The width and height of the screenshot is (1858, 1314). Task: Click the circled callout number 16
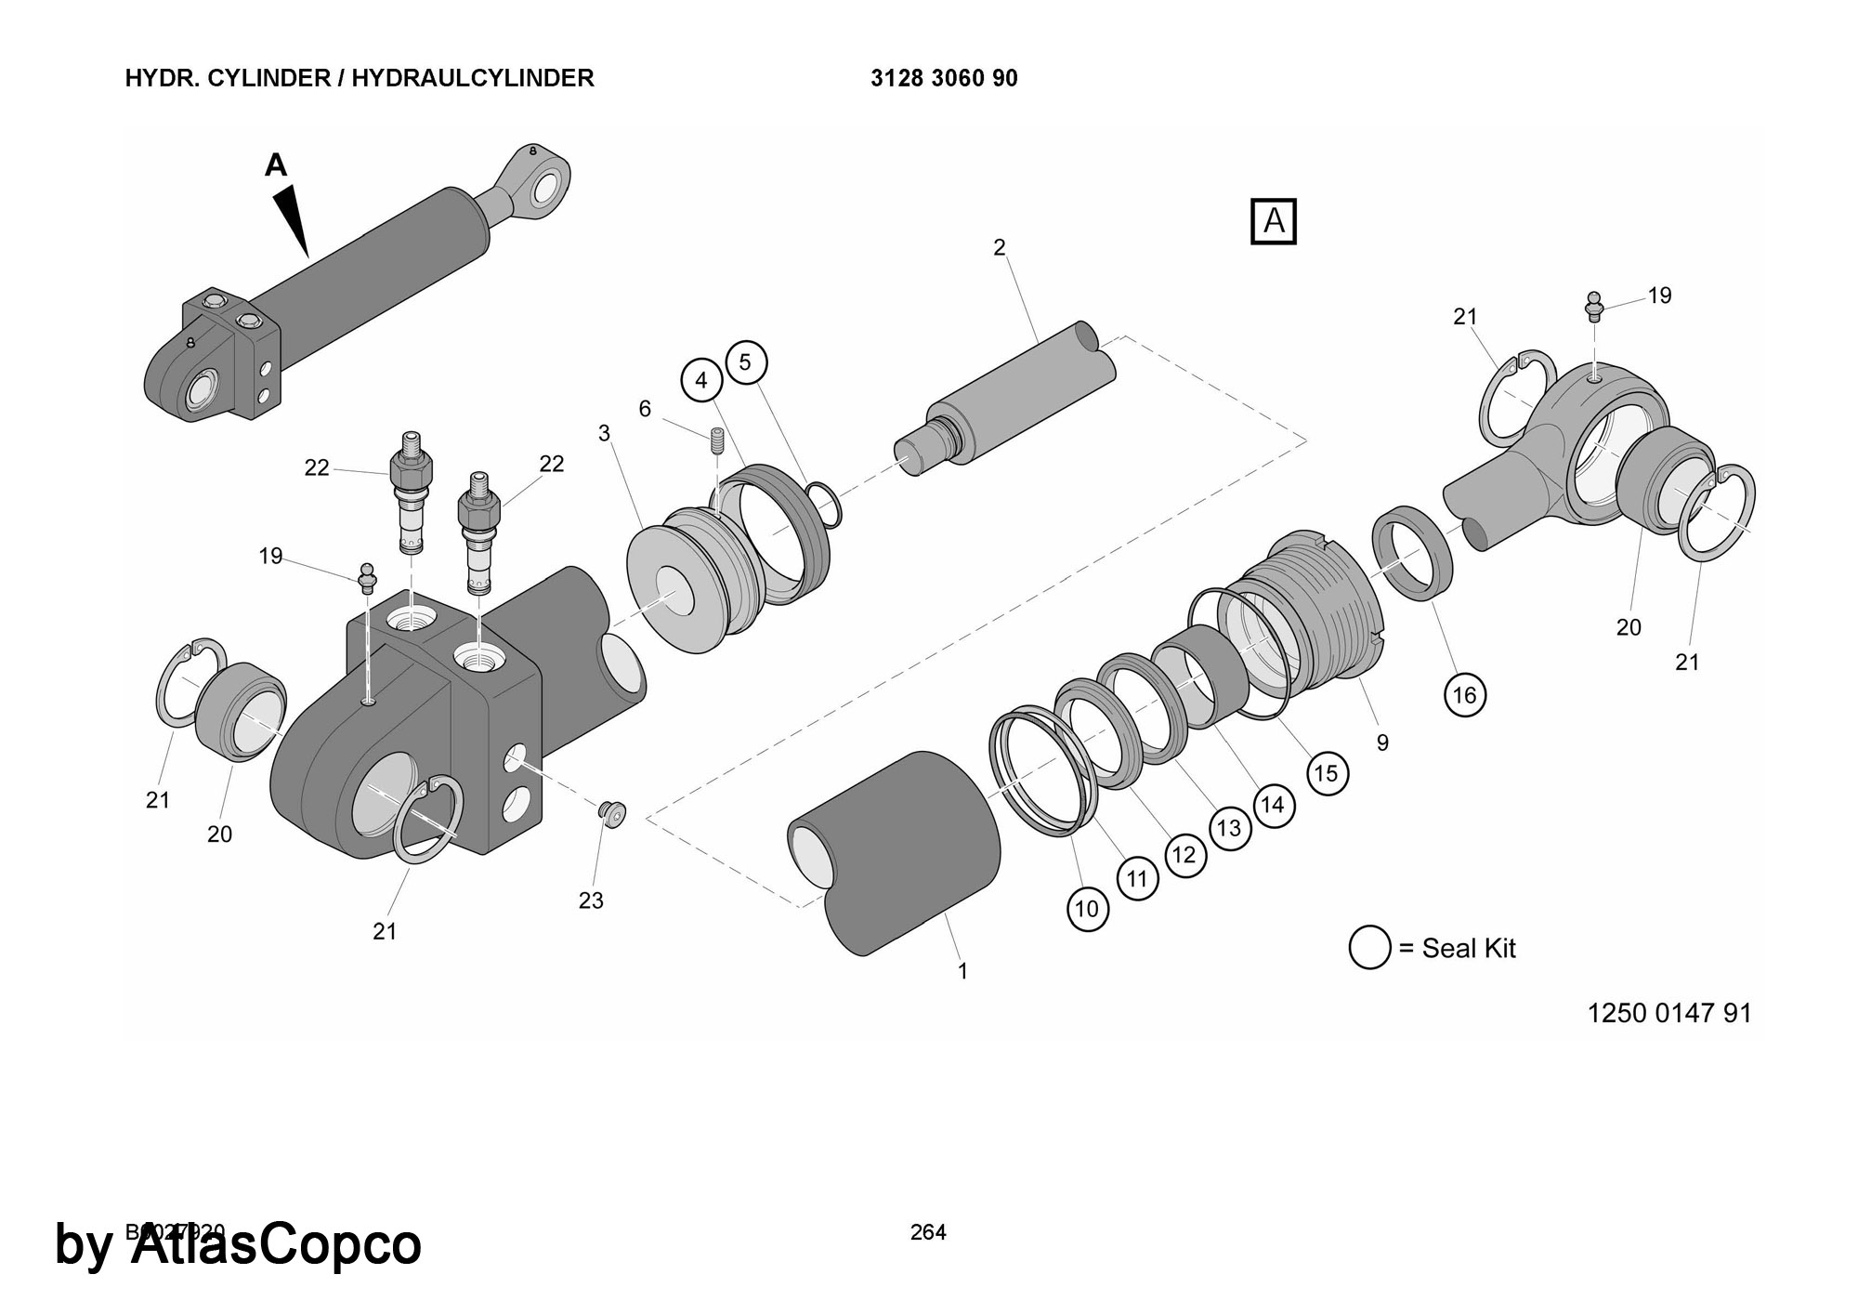coord(1464,695)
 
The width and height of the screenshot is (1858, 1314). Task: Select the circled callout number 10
coord(1087,908)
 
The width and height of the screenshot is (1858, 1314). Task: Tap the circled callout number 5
coord(745,362)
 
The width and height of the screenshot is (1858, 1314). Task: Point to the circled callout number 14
coord(1272,805)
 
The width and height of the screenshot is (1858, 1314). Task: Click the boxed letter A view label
coord(1273,221)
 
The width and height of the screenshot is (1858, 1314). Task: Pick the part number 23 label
coord(591,900)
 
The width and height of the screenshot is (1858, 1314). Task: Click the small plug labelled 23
coord(612,812)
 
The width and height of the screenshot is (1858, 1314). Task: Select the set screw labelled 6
coord(716,440)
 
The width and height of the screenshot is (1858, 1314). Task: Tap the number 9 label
coord(1382,742)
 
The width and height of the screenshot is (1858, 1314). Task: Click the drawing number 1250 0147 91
coord(1668,1012)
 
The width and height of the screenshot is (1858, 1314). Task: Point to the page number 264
coord(928,1232)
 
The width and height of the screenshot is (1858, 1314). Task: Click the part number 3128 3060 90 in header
coord(944,78)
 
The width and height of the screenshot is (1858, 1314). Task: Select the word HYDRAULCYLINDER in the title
coord(473,78)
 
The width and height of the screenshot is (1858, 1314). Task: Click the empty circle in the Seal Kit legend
coord(1369,948)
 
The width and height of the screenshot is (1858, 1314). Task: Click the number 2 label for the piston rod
coord(1000,247)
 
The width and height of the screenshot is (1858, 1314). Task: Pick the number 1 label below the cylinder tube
coord(962,971)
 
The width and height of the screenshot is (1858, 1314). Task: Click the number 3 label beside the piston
coord(604,433)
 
